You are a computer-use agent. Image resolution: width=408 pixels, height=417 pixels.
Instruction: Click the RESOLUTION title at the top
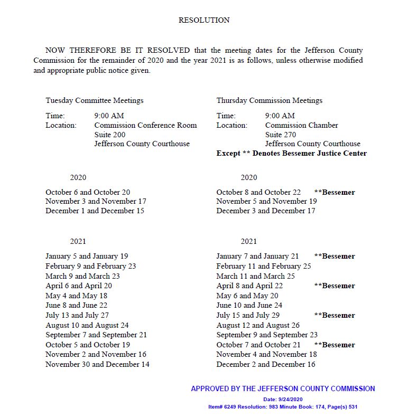204,21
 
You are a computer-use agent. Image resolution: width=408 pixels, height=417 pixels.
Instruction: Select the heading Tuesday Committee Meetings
95,100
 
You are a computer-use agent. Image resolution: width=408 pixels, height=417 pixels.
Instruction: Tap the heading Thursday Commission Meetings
269,100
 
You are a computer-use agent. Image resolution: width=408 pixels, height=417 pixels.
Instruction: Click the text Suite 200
110,135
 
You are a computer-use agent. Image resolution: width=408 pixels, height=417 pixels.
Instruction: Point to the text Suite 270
281,135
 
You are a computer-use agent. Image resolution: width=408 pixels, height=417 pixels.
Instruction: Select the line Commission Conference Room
145,125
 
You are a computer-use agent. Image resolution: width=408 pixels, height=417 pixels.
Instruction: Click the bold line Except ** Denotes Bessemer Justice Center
291,154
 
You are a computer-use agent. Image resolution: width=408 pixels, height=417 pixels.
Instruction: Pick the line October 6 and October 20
88,192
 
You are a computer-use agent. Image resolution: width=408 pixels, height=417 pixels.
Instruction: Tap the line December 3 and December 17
266,211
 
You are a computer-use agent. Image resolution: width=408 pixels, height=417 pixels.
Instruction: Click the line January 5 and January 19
87,257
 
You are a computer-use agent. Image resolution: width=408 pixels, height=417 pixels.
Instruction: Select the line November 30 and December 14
97,364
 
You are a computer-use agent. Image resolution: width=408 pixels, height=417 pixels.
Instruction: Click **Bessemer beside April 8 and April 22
334,286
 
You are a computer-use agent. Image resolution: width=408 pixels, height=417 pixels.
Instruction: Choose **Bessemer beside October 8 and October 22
334,192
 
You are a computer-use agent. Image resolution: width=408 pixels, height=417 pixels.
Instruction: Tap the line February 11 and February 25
264,266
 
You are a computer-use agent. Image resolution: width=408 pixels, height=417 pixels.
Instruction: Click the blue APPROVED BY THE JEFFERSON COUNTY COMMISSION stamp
283,388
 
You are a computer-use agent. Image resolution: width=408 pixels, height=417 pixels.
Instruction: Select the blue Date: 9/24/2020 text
283,400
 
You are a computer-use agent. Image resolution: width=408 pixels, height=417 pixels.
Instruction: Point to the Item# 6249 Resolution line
283,407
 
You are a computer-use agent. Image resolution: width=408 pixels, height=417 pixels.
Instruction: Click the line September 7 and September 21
96,335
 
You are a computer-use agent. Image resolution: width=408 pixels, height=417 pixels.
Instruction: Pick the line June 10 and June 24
249,305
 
